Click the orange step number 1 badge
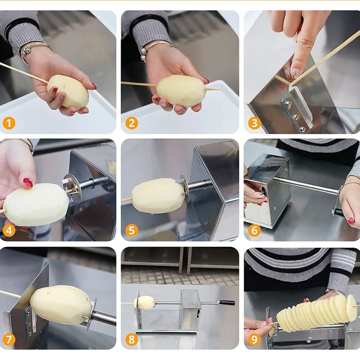[x=9, y=123]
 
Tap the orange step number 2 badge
[x=132, y=123]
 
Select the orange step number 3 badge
[x=254, y=123]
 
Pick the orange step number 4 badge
[x=9, y=231]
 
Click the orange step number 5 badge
[x=132, y=231]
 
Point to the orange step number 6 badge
[x=254, y=231]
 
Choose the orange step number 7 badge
[x=9, y=339]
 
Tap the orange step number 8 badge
[x=132, y=339]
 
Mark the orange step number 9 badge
[x=254, y=339]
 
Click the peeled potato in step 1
[x=68, y=91]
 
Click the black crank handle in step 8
[x=227, y=303]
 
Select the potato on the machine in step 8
[x=145, y=302]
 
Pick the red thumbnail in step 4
[x=28, y=183]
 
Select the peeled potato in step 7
[x=61, y=304]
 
